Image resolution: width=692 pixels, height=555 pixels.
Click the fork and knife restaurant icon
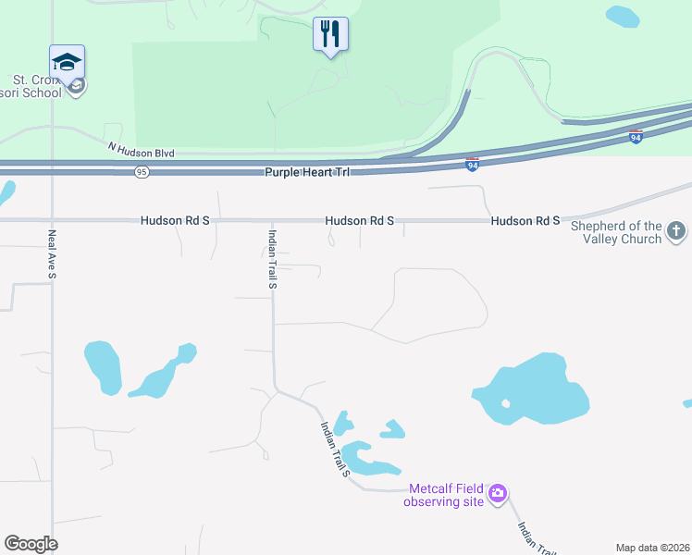(x=330, y=34)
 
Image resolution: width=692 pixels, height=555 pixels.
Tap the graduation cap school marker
(x=67, y=62)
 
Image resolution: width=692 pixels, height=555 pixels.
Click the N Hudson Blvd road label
(x=141, y=150)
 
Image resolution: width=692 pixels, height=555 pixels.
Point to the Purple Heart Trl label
(x=303, y=172)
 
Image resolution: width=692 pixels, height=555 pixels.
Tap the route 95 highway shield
(x=141, y=172)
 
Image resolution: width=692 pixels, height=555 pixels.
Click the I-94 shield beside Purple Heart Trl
(x=472, y=165)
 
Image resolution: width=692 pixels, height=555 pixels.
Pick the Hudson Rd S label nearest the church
(x=525, y=221)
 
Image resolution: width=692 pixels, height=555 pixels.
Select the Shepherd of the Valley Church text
(x=616, y=232)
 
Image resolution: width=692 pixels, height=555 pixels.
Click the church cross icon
(x=676, y=231)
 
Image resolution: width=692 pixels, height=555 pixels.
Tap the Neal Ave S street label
(x=53, y=254)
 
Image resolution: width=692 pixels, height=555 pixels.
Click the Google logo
(x=31, y=543)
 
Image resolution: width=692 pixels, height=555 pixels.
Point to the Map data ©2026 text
(x=652, y=548)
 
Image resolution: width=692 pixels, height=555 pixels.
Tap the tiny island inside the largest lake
(x=505, y=403)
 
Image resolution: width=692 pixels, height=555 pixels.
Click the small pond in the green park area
(x=622, y=17)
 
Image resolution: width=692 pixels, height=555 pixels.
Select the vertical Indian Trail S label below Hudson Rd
(x=273, y=259)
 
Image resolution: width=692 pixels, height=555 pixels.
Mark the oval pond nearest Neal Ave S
(x=102, y=367)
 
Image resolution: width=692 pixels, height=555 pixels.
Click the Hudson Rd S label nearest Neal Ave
(x=175, y=221)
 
